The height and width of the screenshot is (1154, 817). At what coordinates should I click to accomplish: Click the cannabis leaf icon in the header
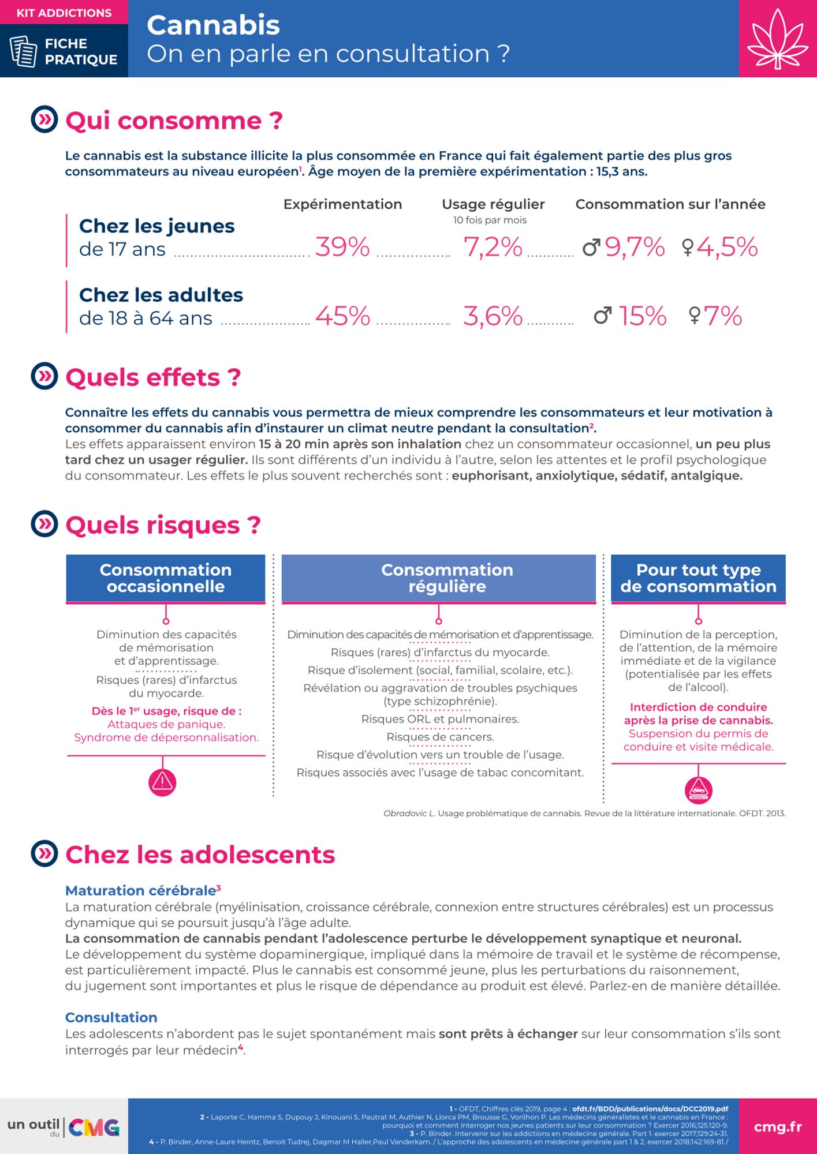point(777,39)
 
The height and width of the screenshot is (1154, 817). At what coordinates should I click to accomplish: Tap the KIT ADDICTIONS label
point(64,13)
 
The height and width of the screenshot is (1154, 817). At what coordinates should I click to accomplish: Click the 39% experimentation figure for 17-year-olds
point(342,247)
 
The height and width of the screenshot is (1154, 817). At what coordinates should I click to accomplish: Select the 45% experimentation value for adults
point(342,316)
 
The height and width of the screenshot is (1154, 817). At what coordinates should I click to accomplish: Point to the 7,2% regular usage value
point(493,247)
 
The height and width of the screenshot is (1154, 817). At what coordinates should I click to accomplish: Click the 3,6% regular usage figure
point(493,316)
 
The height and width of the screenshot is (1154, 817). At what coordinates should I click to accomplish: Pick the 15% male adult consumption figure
point(642,316)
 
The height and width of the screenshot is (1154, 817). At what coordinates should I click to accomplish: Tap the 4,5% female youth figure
point(726,247)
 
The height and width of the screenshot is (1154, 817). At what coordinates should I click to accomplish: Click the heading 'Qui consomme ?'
point(174,121)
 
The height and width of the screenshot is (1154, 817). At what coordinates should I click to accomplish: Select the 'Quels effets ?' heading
point(153,377)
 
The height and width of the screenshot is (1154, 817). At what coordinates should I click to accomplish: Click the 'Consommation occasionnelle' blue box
point(166,578)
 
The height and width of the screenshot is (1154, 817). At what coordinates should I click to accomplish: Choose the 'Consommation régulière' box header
point(447,578)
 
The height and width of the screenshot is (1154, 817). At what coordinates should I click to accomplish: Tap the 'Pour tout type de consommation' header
point(698,578)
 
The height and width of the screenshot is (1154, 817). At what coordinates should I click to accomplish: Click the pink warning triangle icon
point(163,782)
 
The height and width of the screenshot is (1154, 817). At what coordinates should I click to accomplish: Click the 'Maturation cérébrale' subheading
point(141,890)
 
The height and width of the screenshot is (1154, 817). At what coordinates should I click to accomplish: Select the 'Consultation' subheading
point(111,1017)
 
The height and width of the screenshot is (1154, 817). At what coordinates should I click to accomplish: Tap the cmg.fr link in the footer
point(777,1127)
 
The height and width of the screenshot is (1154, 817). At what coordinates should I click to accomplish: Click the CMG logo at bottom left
point(94,1127)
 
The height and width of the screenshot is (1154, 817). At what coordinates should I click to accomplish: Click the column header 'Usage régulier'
point(493,204)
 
